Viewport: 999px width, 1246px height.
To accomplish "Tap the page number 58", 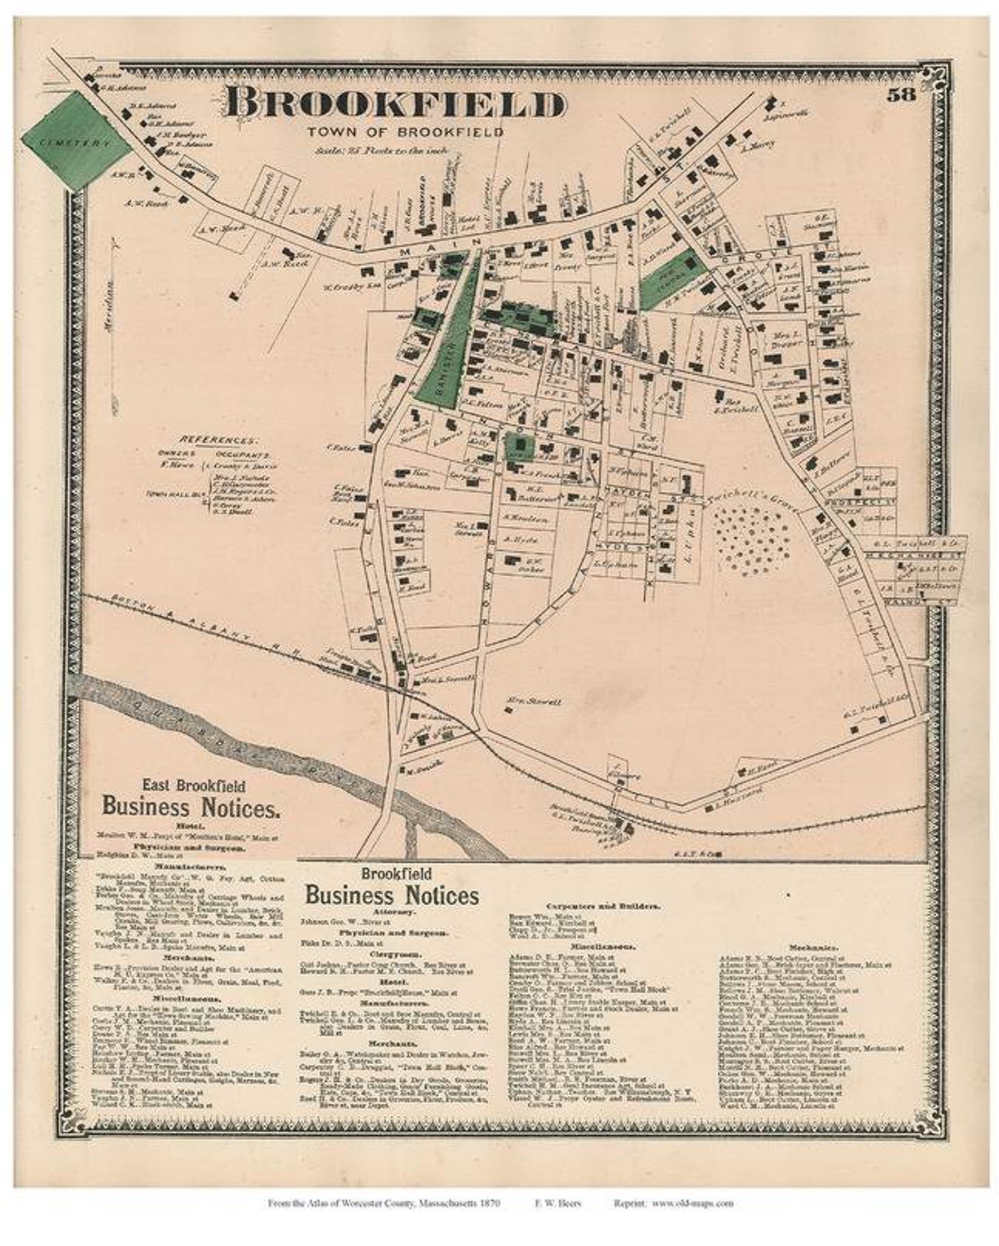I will coord(902,95).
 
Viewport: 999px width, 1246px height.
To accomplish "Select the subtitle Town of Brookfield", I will coord(405,133).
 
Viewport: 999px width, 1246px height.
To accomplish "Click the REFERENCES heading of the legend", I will coord(218,440).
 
